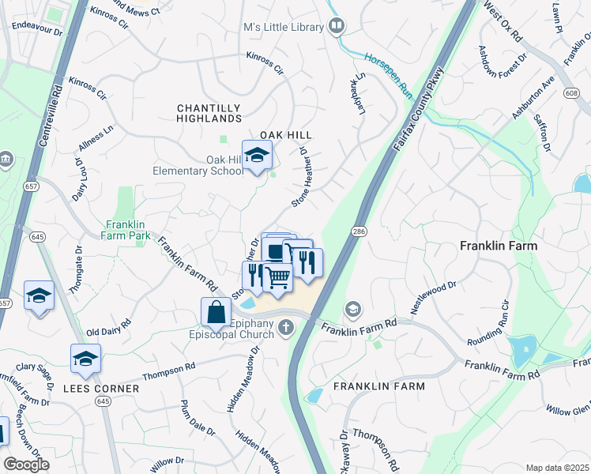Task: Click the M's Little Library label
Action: [x=284, y=28]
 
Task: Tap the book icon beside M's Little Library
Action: [x=337, y=27]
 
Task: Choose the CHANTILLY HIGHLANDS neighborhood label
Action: [x=209, y=113]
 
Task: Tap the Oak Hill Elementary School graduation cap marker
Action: [x=257, y=156]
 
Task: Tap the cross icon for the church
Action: [x=284, y=329]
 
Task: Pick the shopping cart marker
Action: [x=277, y=278]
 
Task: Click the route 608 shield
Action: [x=572, y=93]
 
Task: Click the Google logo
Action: [x=26, y=465]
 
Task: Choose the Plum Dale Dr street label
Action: [x=198, y=418]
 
